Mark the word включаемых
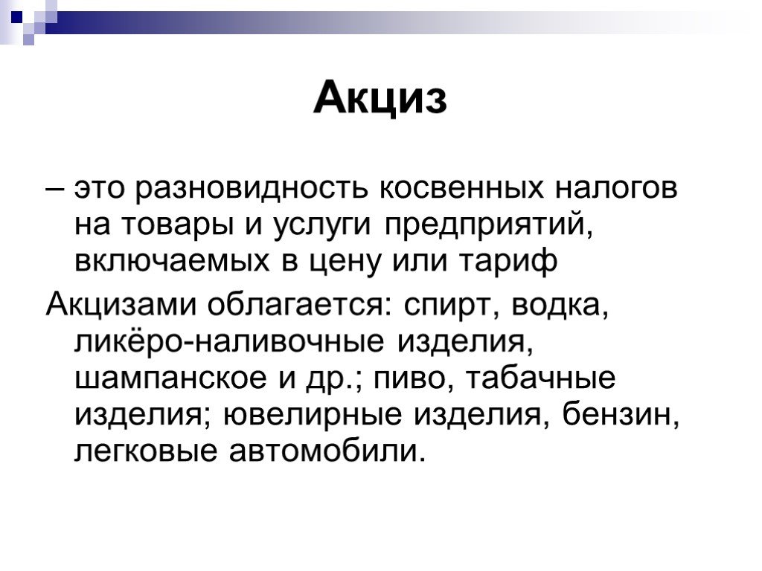172,262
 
